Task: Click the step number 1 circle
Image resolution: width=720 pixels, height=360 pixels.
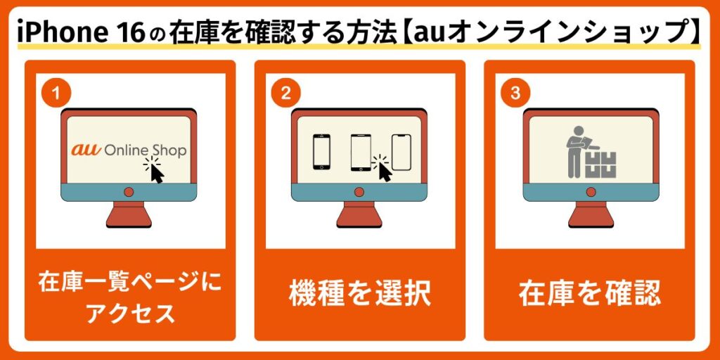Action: [x=56, y=94]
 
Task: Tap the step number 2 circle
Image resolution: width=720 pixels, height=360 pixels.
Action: [x=285, y=94]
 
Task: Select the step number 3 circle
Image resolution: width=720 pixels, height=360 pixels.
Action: [x=515, y=94]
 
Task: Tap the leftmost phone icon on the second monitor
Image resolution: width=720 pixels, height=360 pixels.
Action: [x=321, y=152]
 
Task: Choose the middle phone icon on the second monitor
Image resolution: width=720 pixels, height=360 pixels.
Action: [x=361, y=153]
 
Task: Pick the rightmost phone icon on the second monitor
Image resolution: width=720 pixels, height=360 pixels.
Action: [x=401, y=153]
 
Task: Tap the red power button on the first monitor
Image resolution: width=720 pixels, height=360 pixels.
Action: [x=129, y=192]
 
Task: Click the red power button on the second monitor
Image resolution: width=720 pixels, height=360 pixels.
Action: [x=359, y=192]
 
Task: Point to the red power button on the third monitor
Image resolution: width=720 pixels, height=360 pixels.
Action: [x=591, y=192]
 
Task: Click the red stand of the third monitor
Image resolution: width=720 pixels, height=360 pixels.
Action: [x=591, y=214]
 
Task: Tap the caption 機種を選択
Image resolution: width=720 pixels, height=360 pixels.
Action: [x=359, y=295]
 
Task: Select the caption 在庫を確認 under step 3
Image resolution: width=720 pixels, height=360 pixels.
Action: [x=590, y=295]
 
